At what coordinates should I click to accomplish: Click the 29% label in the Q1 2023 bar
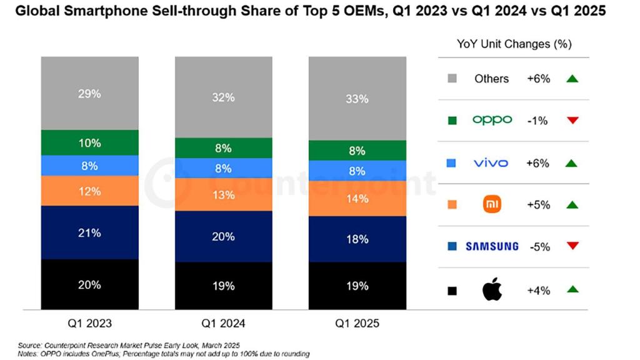tap(89, 94)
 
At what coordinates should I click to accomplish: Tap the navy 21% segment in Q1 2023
tap(89, 232)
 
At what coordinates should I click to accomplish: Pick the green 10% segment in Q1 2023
tap(89, 142)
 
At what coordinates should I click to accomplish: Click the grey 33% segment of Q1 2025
tap(357, 99)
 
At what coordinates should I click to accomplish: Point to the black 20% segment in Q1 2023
tap(89, 284)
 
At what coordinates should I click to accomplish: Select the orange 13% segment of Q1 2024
tap(223, 195)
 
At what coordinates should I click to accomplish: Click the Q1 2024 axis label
tap(223, 324)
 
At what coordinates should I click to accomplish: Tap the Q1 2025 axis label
tap(357, 324)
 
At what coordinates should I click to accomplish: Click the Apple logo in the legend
tap(492, 290)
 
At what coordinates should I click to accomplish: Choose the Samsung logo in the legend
tap(492, 246)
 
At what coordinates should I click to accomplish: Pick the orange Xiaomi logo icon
tap(492, 204)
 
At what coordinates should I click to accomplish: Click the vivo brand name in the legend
tap(491, 163)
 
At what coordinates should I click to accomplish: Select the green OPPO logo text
tap(492, 120)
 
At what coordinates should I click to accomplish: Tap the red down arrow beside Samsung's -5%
tap(572, 246)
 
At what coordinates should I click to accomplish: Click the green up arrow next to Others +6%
tap(572, 79)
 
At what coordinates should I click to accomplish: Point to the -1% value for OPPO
tap(538, 121)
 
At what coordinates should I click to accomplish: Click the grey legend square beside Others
tap(452, 79)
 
